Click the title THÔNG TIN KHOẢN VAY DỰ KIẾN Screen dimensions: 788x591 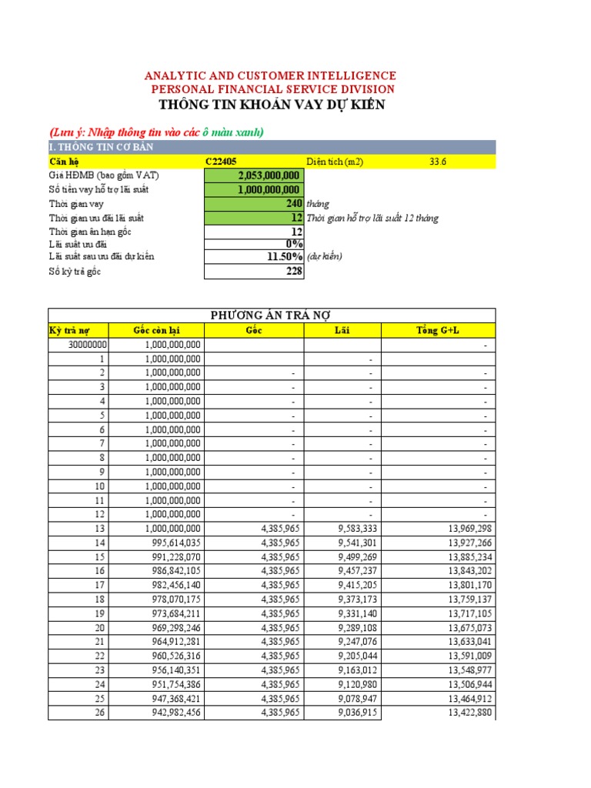(271, 105)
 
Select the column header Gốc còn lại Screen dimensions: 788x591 (157, 330)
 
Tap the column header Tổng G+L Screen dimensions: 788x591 (438, 330)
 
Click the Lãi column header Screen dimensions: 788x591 (342, 330)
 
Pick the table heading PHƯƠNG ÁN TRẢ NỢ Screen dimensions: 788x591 (271, 316)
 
